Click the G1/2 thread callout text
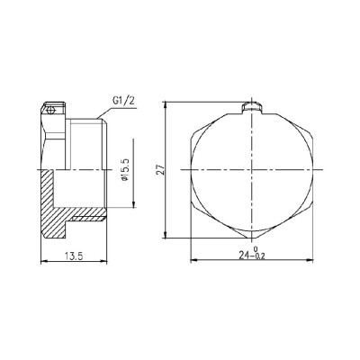(123, 101)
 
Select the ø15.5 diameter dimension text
(125, 170)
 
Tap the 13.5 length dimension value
(74, 256)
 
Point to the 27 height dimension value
(161, 169)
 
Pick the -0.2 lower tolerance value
(259, 257)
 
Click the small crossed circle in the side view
(50, 111)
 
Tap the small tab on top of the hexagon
(252, 108)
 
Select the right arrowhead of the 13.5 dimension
(103, 261)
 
